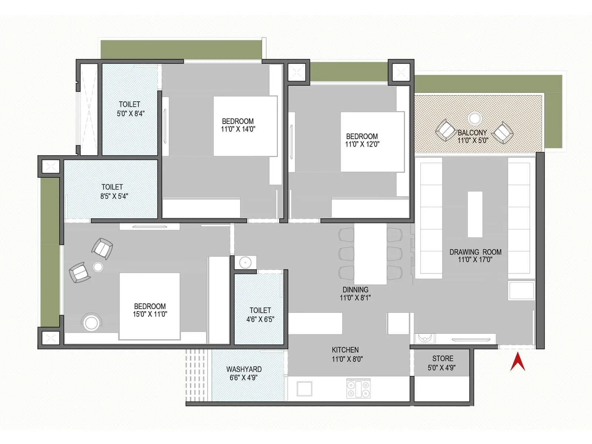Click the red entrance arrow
click(x=518, y=363)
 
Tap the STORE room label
click(x=443, y=359)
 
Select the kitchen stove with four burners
click(x=358, y=388)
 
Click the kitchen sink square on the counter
click(x=305, y=388)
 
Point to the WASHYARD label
click(x=244, y=369)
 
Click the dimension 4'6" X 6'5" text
click(x=260, y=319)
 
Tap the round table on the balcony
click(x=475, y=118)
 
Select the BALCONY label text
click(x=472, y=132)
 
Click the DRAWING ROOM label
click(x=475, y=252)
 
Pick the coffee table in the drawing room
click(x=475, y=214)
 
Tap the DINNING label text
click(x=355, y=290)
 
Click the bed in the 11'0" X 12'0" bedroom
click(x=372, y=142)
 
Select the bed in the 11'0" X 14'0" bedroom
click(x=245, y=126)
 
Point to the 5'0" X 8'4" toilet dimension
click(x=131, y=114)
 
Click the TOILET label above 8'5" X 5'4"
click(x=112, y=187)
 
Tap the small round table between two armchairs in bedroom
click(x=98, y=267)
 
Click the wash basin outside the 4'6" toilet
click(x=245, y=263)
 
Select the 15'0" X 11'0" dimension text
click(x=150, y=314)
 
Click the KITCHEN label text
click(x=345, y=350)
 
